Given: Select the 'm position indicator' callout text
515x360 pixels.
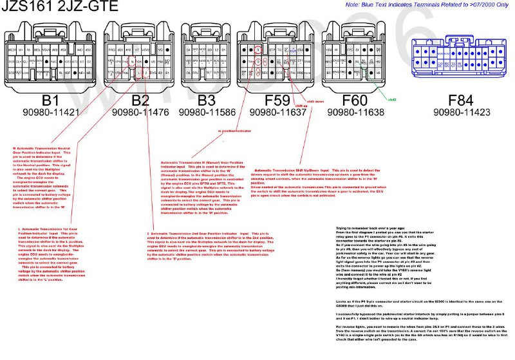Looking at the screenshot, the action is [x=234, y=130].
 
